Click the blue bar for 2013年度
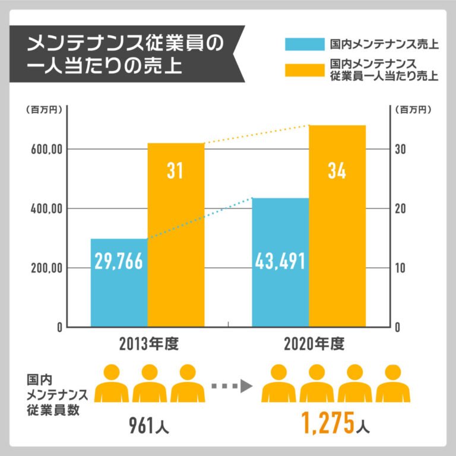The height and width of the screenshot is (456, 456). (119, 297)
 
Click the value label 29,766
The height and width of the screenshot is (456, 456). (119, 261)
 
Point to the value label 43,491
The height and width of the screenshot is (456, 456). (280, 261)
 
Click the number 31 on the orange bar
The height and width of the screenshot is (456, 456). (175, 171)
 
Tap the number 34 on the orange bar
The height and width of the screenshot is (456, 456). (337, 171)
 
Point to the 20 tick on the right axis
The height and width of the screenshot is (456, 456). (402, 208)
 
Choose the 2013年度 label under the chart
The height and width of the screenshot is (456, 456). (148, 344)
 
